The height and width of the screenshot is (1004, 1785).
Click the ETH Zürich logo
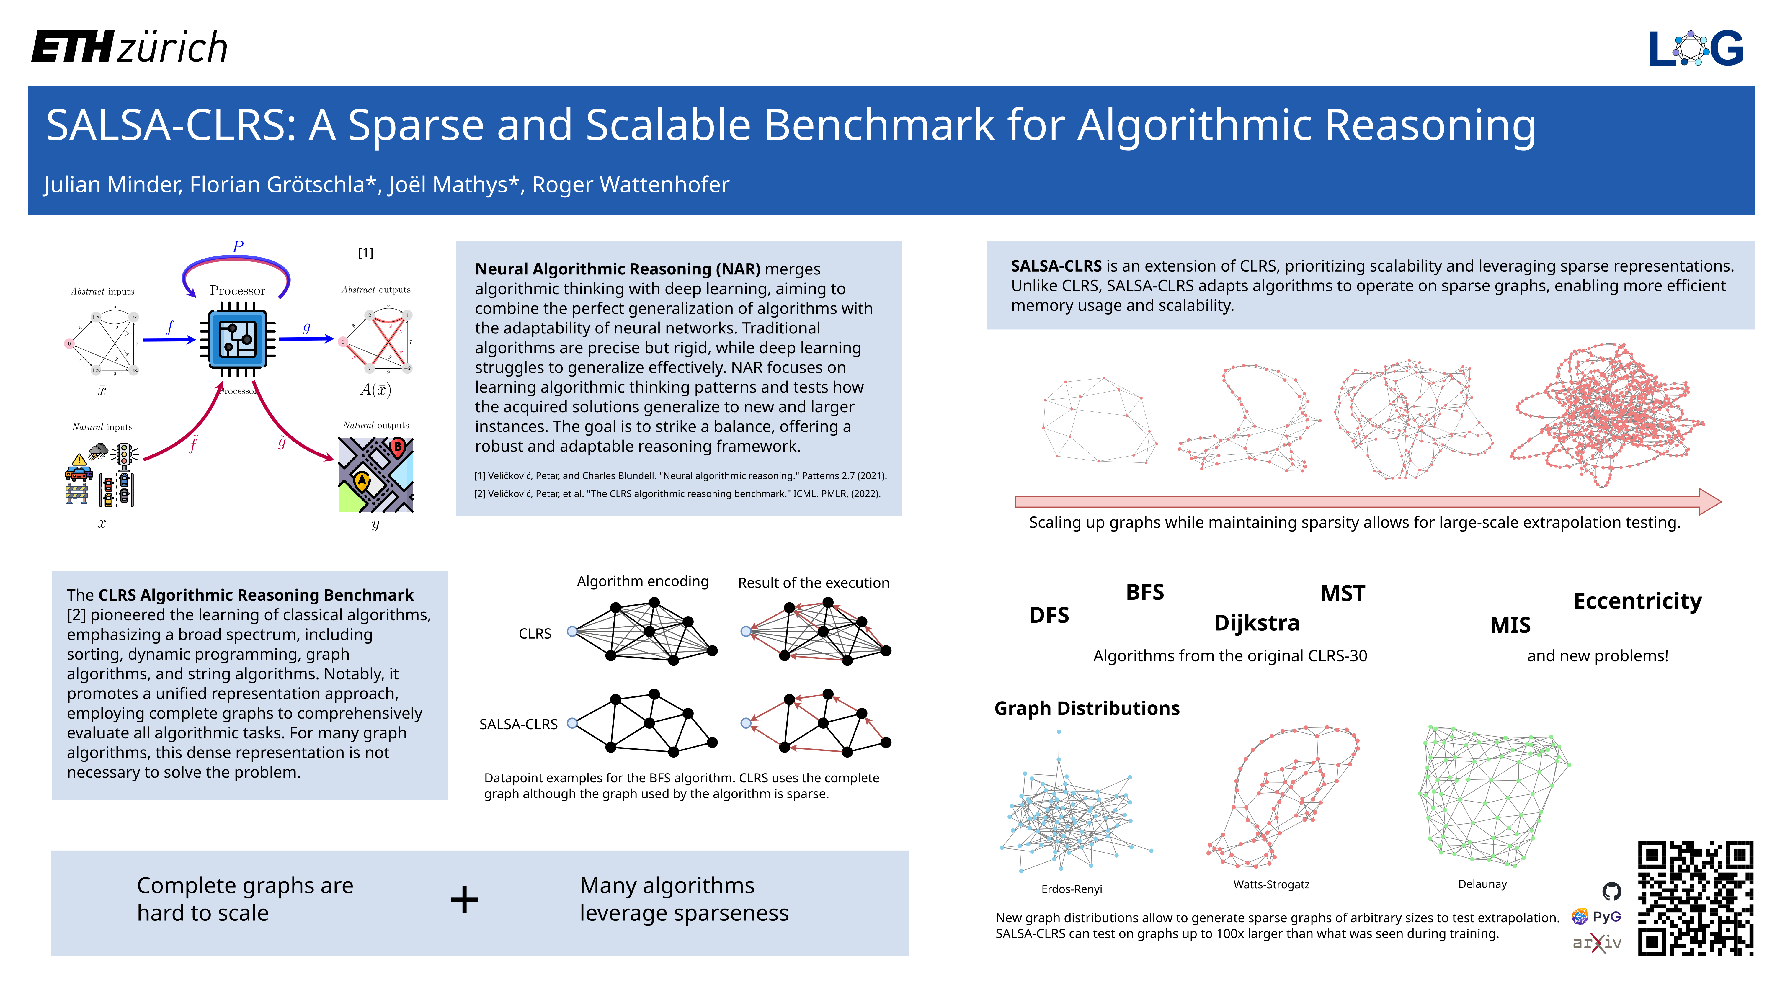point(130,47)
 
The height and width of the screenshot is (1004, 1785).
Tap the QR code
point(1695,898)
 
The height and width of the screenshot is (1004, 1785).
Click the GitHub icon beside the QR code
point(1612,891)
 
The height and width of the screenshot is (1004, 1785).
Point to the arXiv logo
point(1596,942)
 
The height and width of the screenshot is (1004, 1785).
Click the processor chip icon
point(238,339)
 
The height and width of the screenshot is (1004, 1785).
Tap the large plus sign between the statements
point(464,900)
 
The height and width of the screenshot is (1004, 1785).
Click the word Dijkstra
point(1256,623)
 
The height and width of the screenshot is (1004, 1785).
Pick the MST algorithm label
point(1342,594)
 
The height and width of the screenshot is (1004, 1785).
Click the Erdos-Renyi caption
point(1071,889)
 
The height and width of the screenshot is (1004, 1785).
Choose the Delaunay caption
point(1482,884)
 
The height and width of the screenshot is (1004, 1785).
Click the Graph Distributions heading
point(1087,708)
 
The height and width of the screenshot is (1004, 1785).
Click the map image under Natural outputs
point(375,475)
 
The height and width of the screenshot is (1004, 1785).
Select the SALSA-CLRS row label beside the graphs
point(518,724)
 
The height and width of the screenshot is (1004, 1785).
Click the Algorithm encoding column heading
point(642,581)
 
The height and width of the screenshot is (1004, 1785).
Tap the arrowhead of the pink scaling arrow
point(1709,502)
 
